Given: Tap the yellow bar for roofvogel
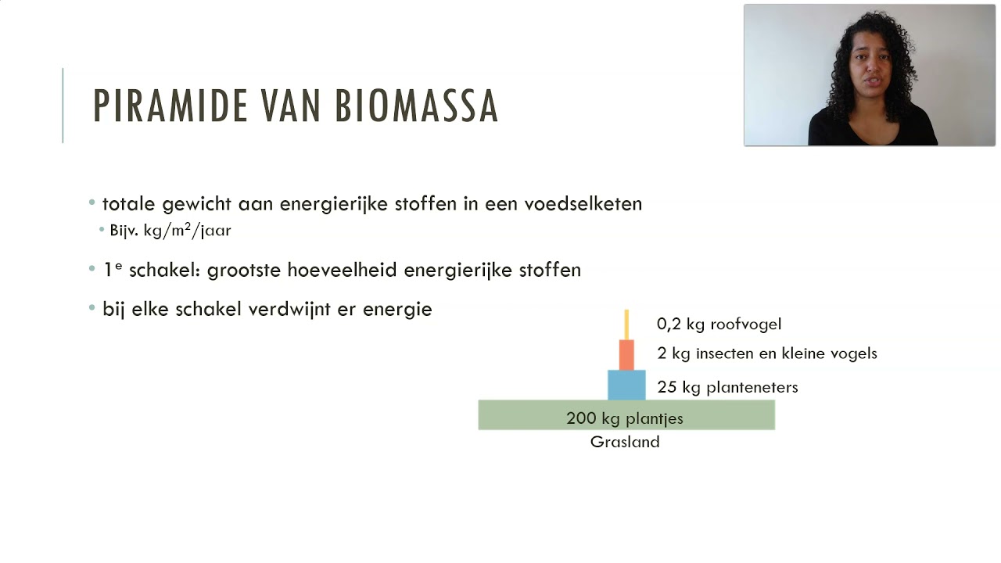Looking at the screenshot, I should click(x=626, y=325).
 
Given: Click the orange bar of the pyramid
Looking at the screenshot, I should click(x=626, y=355).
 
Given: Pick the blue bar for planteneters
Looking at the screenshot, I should click(x=626, y=385).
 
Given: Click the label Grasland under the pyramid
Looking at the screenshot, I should click(x=625, y=442).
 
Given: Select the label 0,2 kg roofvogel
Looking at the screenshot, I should click(x=719, y=324).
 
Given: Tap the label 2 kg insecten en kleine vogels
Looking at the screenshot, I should click(x=767, y=353).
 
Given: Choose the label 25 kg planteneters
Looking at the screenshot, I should click(x=727, y=387).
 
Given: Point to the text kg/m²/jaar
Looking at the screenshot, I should click(x=188, y=231).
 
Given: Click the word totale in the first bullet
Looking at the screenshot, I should click(x=130, y=204).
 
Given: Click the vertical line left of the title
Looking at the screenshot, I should click(x=63, y=106).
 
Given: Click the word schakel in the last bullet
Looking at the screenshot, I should click(x=209, y=309).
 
